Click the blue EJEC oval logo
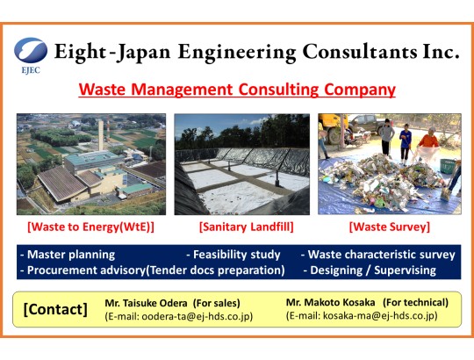click(x=31, y=50)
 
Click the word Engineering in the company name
click(x=237, y=53)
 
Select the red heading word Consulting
click(x=278, y=90)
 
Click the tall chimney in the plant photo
click(x=101, y=135)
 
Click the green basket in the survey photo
click(x=448, y=166)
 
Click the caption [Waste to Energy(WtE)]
click(x=90, y=227)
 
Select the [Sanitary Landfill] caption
click(x=247, y=227)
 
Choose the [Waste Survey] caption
click(x=390, y=227)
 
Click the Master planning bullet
click(x=68, y=255)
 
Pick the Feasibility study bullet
click(x=233, y=255)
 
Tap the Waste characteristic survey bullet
click(x=378, y=255)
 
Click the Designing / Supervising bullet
click(x=370, y=270)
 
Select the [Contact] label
click(x=55, y=309)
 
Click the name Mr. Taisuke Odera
click(x=146, y=303)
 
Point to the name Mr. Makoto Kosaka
click(x=330, y=302)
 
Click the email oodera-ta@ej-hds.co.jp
click(x=196, y=316)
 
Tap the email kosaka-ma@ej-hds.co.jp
click(x=379, y=315)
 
